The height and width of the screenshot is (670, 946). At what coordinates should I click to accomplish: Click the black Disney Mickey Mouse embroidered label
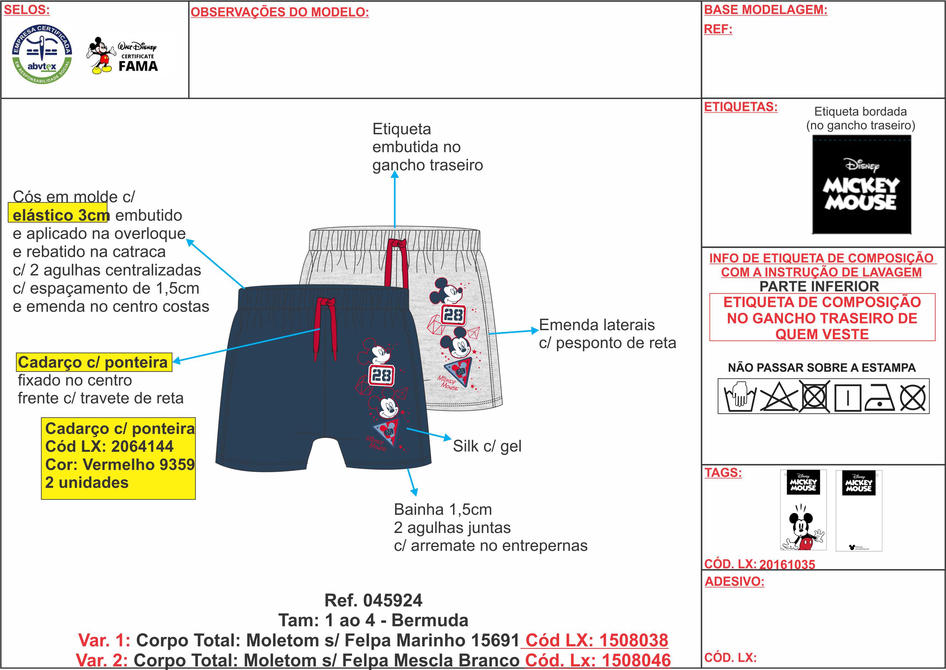(x=861, y=184)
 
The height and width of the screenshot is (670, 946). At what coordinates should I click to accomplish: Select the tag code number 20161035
(x=787, y=564)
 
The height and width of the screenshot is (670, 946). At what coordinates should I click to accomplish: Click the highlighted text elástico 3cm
(x=61, y=215)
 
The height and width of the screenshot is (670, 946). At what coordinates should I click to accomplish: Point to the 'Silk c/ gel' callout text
(x=487, y=446)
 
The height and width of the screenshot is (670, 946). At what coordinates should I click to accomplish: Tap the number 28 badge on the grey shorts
(x=453, y=315)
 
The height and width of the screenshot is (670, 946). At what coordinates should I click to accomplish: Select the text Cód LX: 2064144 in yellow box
(x=109, y=446)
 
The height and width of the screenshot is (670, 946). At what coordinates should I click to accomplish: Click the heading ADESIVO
(x=734, y=582)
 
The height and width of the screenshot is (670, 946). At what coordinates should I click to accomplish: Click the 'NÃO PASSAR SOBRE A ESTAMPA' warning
(x=822, y=368)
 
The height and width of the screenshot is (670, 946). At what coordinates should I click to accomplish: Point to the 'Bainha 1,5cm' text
(x=443, y=510)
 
